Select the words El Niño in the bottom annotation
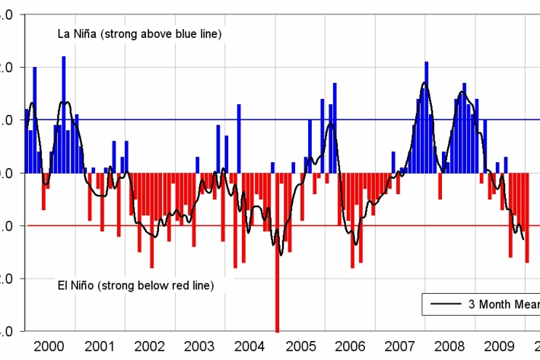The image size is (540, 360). tap(78, 285)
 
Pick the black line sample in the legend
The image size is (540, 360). tap(445, 304)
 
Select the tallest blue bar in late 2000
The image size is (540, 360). tap(64, 114)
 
